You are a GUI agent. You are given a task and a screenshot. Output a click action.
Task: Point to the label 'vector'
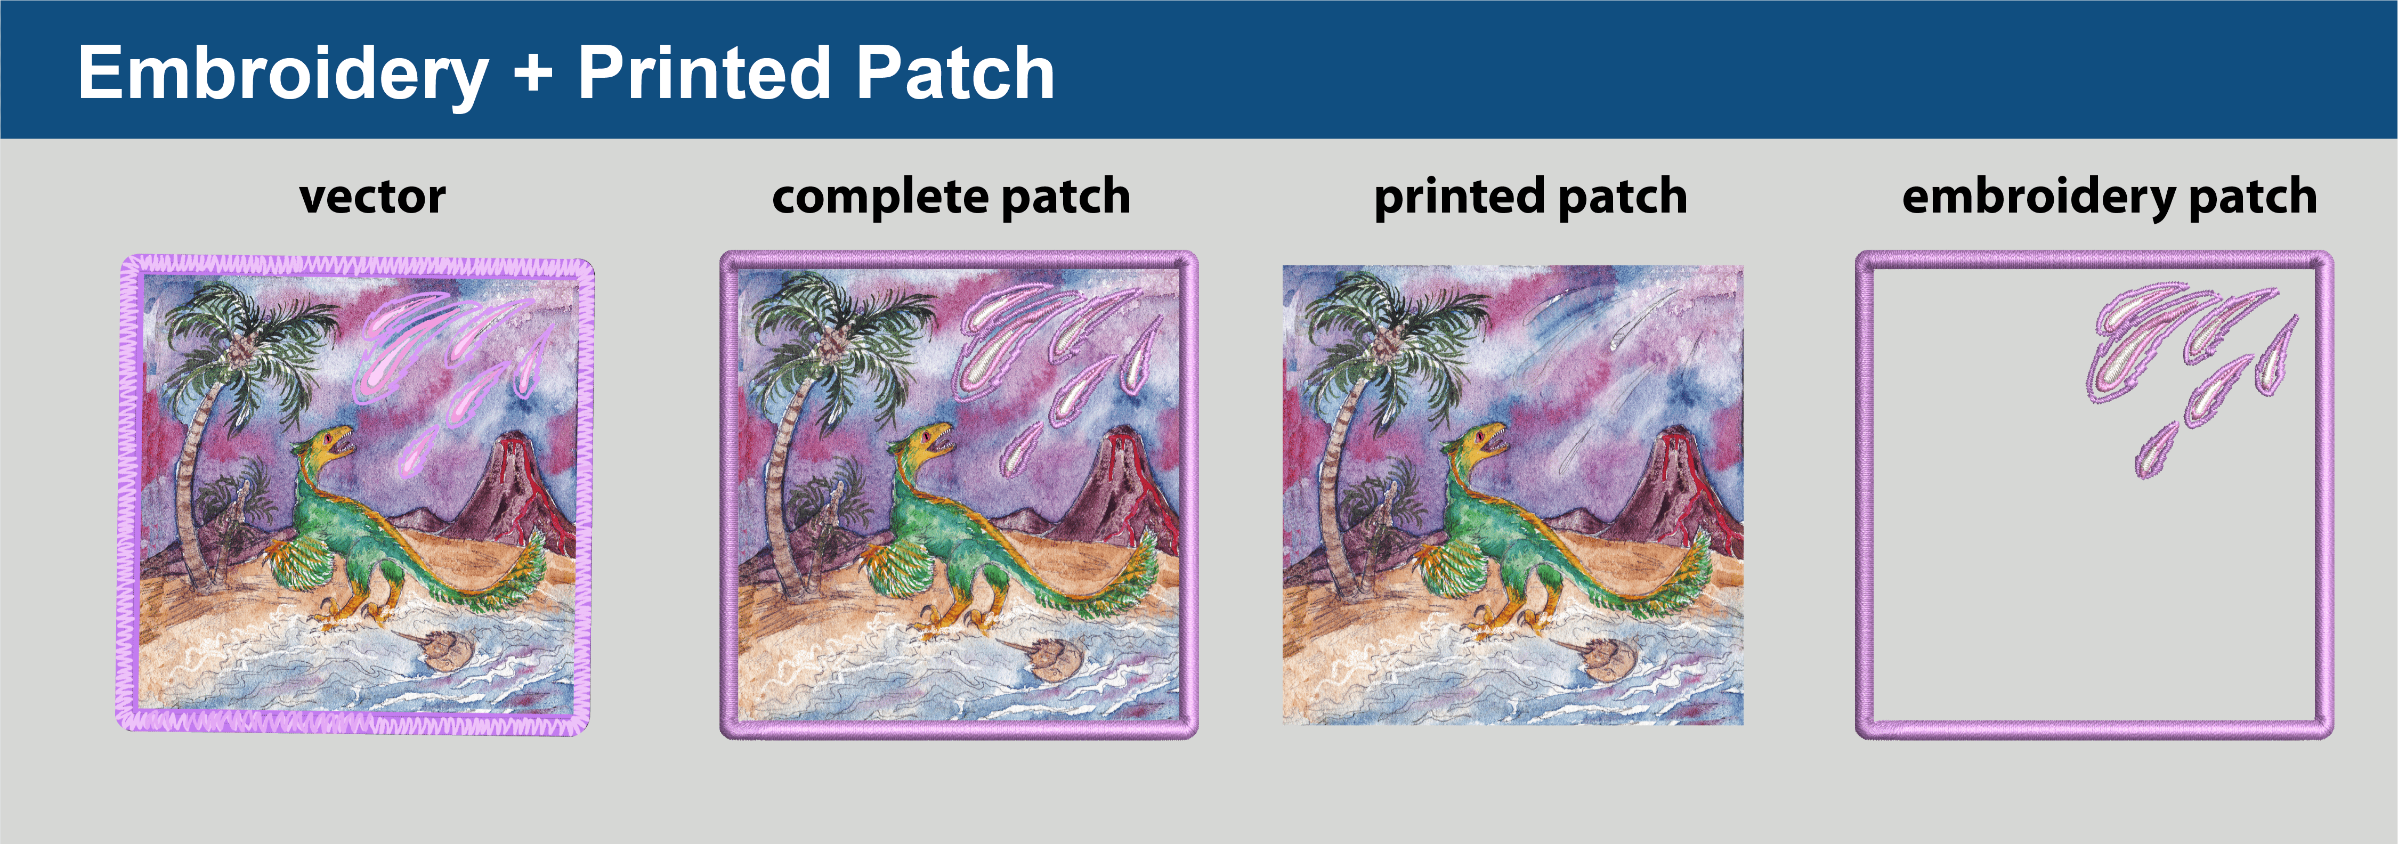tap(372, 197)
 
